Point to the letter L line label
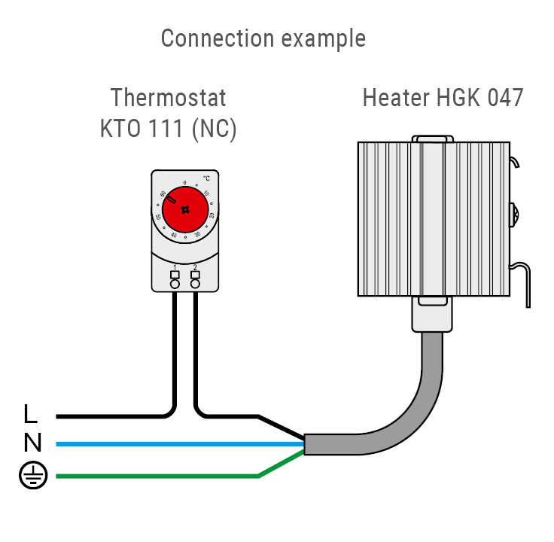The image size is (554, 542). (x=30, y=414)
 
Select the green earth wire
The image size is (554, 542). (x=151, y=476)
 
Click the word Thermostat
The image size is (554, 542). (x=168, y=99)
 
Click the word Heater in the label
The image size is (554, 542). (x=395, y=99)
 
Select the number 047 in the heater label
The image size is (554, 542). (x=500, y=99)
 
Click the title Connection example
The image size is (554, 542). (x=263, y=38)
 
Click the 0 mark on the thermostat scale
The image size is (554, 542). (x=185, y=183)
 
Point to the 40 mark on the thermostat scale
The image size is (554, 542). (x=174, y=236)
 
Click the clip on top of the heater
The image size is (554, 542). (x=434, y=139)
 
